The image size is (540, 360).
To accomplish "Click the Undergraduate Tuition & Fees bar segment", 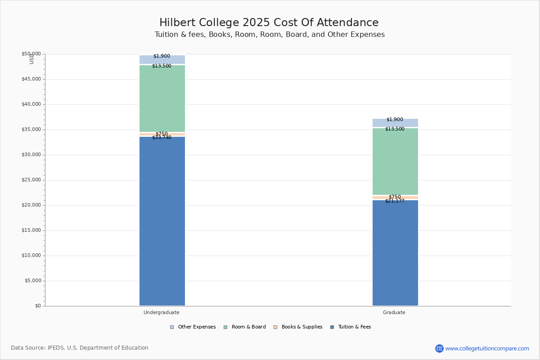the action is click(162, 221).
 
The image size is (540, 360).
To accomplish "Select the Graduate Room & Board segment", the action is click(396, 161).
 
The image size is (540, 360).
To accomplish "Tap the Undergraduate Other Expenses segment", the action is click(162, 59).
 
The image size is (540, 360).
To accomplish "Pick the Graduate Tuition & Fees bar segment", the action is click(396, 253).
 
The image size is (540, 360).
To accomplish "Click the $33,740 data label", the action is click(162, 137).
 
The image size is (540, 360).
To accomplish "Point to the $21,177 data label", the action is click(395, 201).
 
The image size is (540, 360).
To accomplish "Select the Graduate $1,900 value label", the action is click(395, 119).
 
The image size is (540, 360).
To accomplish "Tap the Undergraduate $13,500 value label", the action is click(162, 66).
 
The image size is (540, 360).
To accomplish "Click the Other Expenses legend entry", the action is click(193, 327).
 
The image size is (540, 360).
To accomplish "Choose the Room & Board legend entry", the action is click(245, 327).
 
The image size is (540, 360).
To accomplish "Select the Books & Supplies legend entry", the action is click(298, 327).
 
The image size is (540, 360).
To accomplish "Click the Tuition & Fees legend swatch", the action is click(332, 327).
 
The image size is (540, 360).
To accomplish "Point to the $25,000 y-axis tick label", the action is click(31, 180).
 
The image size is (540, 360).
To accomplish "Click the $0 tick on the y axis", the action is click(38, 306).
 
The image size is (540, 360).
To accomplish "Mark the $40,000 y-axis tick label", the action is click(31, 104).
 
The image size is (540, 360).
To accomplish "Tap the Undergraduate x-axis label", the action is click(162, 312).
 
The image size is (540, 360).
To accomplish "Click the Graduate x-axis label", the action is click(394, 312).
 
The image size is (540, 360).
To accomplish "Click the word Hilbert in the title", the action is click(177, 22).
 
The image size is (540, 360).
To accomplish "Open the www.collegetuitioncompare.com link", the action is click(487, 348).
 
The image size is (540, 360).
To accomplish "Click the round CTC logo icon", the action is click(439, 348).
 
